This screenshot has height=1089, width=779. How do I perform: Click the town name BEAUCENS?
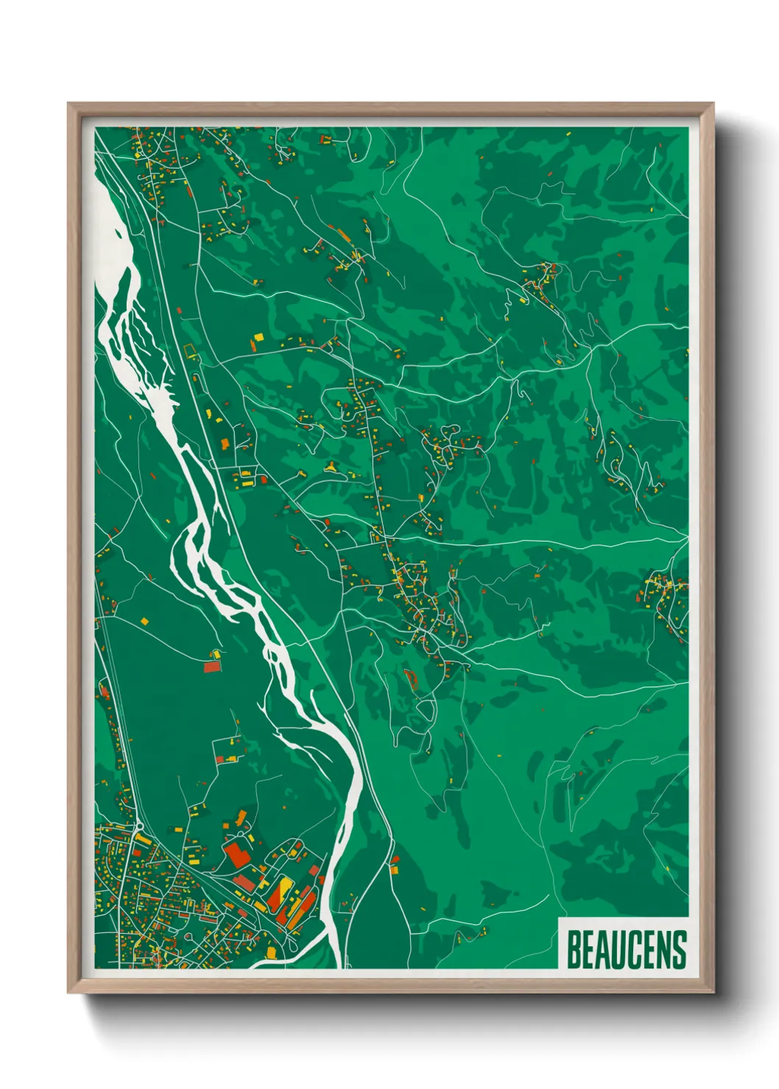[x=627, y=949]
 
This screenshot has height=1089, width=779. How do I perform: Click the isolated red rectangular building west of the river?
[x=212, y=666]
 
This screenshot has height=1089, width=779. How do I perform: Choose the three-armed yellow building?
[x=331, y=465]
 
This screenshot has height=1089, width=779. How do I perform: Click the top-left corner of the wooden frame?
[x=68, y=104]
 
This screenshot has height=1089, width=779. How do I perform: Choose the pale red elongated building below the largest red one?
[x=243, y=879]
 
